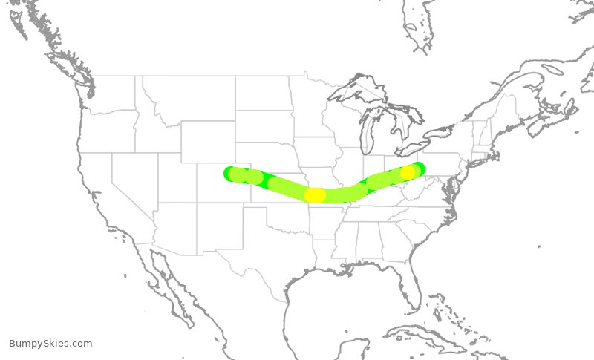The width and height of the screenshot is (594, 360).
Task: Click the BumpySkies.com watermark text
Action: tap(50, 343)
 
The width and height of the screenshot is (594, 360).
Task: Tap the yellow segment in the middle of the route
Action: tap(316, 195)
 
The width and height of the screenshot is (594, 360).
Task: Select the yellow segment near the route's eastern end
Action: tap(408, 173)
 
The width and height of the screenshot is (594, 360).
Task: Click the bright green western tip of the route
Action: tap(228, 173)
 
